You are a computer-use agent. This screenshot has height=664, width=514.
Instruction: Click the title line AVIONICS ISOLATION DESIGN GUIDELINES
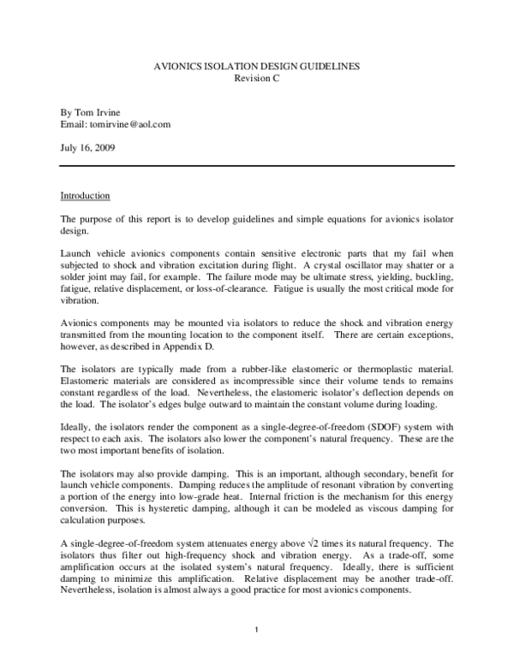click(257, 66)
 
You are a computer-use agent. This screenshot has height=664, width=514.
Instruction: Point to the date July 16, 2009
click(89, 147)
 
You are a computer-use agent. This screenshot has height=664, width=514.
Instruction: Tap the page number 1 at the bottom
click(257, 631)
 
